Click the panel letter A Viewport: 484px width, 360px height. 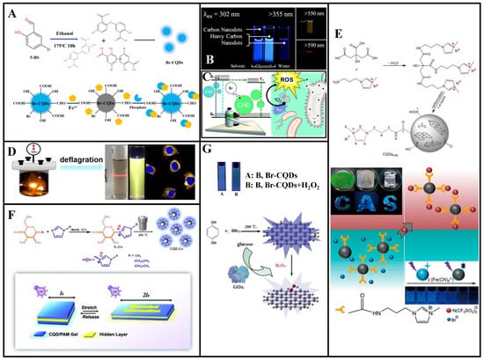click(12, 13)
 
